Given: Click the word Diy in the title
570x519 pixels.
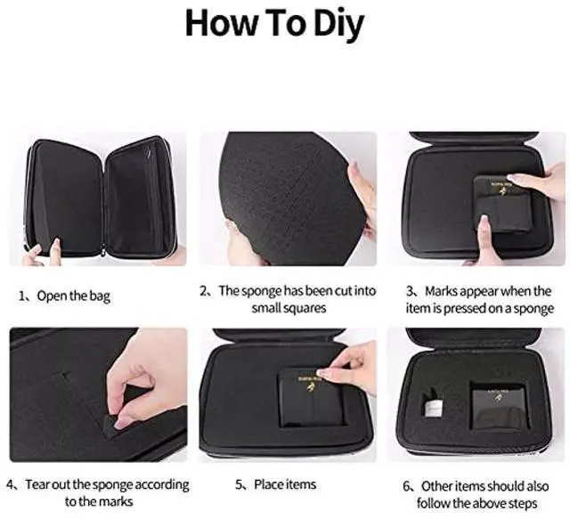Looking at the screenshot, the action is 338,24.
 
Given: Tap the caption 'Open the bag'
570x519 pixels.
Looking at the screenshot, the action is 73,296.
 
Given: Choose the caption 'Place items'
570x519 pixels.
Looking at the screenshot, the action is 285,484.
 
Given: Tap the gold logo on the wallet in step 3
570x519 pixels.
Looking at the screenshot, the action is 502,191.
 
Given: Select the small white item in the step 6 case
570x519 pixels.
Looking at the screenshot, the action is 432,404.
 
